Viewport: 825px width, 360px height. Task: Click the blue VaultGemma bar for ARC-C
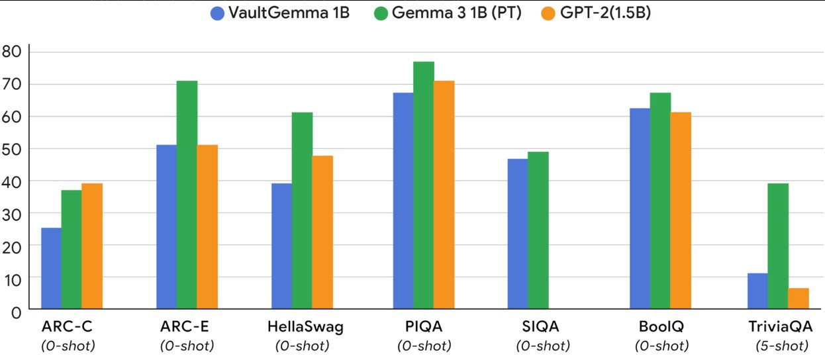(51, 269)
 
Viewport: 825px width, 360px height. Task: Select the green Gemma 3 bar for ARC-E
(187, 195)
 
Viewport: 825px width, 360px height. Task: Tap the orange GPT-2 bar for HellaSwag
(322, 233)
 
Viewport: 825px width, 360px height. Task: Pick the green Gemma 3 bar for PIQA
(423, 186)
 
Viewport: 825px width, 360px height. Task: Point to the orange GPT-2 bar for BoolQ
(680, 211)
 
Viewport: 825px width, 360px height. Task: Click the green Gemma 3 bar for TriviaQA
(778, 247)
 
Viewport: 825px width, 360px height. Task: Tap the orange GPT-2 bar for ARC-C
(92, 247)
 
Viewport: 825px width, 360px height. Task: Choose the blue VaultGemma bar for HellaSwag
(281, 247)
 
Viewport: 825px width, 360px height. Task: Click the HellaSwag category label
(305, 327)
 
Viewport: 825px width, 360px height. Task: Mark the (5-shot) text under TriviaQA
(781, 345)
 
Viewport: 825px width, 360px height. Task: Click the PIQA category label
(424, 327)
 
